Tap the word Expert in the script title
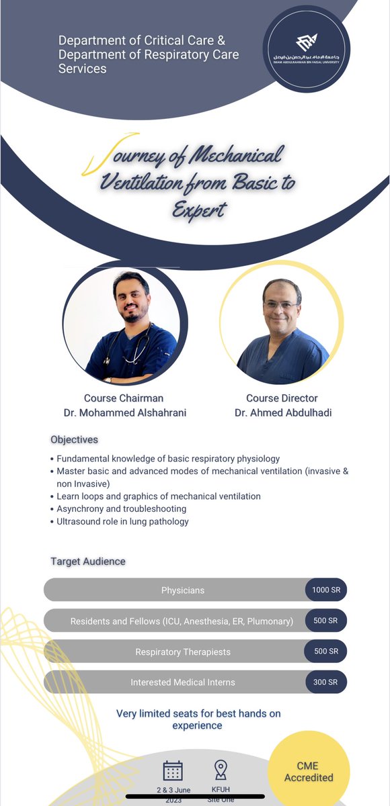[x=199, y=210]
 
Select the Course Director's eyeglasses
[x=281, y=305]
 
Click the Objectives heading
[x=74, y=439]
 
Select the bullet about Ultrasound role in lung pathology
[x=123, y=521]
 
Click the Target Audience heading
[x=88, y=561]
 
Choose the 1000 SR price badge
[x=325, y=590]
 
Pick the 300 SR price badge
[x=325, y=682]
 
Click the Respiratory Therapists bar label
[x=183, y=652]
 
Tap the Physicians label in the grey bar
[x=183, y=590]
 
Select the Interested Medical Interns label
[x=183, y=682]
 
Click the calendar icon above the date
[x=173, y=770]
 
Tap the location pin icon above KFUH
[x=220, y=770]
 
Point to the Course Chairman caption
[x=124, y=398]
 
